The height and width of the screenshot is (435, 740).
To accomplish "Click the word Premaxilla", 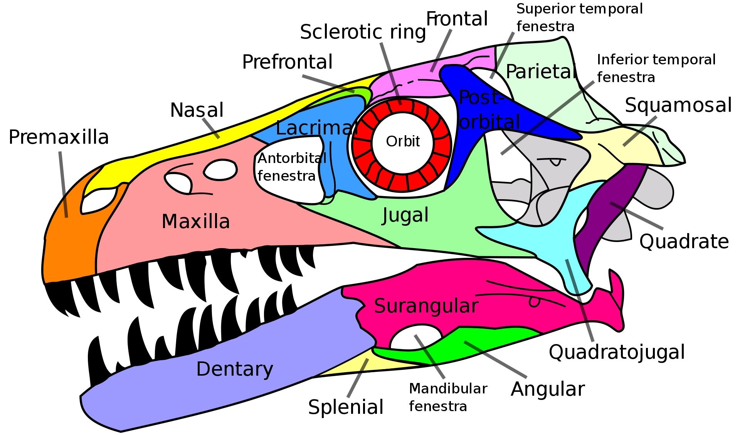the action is (x=59, y=138).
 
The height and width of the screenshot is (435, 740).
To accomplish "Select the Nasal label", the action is (x=197, y=110).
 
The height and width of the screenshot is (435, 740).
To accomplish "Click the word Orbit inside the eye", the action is (x=403, y=141).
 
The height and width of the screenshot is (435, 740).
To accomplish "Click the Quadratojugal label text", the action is (x=617, y=352).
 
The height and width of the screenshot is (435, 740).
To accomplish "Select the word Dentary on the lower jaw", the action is (x=234, y=369).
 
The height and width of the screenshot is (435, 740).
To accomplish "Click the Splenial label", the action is (x=346, y=407).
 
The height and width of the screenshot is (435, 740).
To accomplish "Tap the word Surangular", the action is (x=426, y=306).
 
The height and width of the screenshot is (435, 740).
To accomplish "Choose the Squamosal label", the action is (x=678, y=105).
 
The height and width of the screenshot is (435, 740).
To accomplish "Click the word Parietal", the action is (x=541, y=71).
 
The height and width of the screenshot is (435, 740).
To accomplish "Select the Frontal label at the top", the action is (x=457, y=19).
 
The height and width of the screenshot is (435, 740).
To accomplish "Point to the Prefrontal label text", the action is (x=287, y=62).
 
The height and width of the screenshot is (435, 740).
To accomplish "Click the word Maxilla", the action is (x=195, y=222).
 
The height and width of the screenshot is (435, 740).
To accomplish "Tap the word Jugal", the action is (x=405, y=215).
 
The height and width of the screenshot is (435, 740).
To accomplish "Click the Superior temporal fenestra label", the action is (x=580, y=18).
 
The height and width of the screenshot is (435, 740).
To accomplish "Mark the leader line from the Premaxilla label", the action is (x=64, y=184).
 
